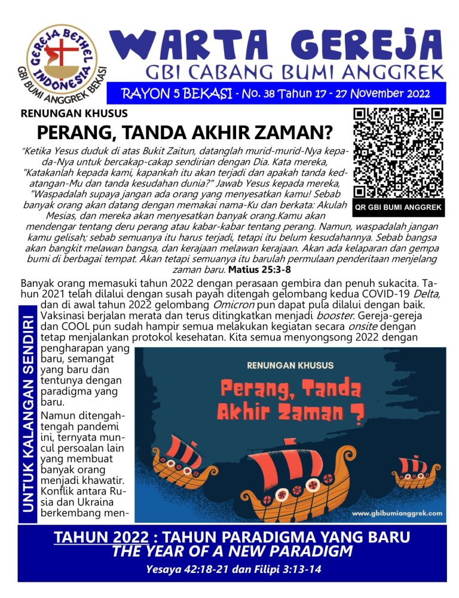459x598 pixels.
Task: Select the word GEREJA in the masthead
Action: tap(364, 42)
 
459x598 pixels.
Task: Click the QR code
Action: tap(397, 153)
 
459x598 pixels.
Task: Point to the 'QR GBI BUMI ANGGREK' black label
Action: tap(397, 208)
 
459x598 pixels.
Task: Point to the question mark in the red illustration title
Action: tap(357, 412)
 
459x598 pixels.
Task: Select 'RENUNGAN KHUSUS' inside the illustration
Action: tap(290, 364)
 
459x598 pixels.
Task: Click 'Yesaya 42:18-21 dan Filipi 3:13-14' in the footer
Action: tap(233, 569)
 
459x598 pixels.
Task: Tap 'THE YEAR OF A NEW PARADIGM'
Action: tap(232, 550)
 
